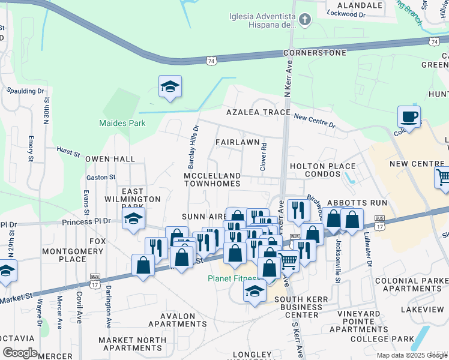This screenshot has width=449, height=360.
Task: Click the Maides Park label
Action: point(122,124)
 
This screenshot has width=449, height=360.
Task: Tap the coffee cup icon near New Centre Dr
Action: point(409,116)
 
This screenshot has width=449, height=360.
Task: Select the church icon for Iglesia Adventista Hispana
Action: point(305,21)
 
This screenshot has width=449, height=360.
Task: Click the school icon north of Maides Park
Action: point(170,87)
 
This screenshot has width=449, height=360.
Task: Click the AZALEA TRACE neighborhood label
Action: point(258,113)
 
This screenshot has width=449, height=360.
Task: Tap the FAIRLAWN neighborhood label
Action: point(238,142)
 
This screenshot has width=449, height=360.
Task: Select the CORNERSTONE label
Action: point(315,53)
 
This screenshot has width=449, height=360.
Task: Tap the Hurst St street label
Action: point(68,153)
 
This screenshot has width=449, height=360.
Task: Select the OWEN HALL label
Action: point(110,159)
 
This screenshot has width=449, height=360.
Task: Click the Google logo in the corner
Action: point(20,353)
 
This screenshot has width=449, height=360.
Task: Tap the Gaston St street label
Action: point(101,178)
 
